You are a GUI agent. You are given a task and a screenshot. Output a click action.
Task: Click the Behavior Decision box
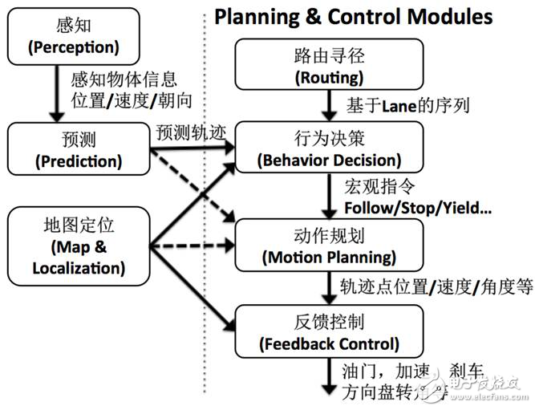(326, 148)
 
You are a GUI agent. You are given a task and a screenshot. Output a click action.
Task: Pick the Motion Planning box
(326, 246)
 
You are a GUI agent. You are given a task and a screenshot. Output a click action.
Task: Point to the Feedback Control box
(326, 333)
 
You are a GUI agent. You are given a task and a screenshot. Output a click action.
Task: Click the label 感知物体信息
(120, 81)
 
